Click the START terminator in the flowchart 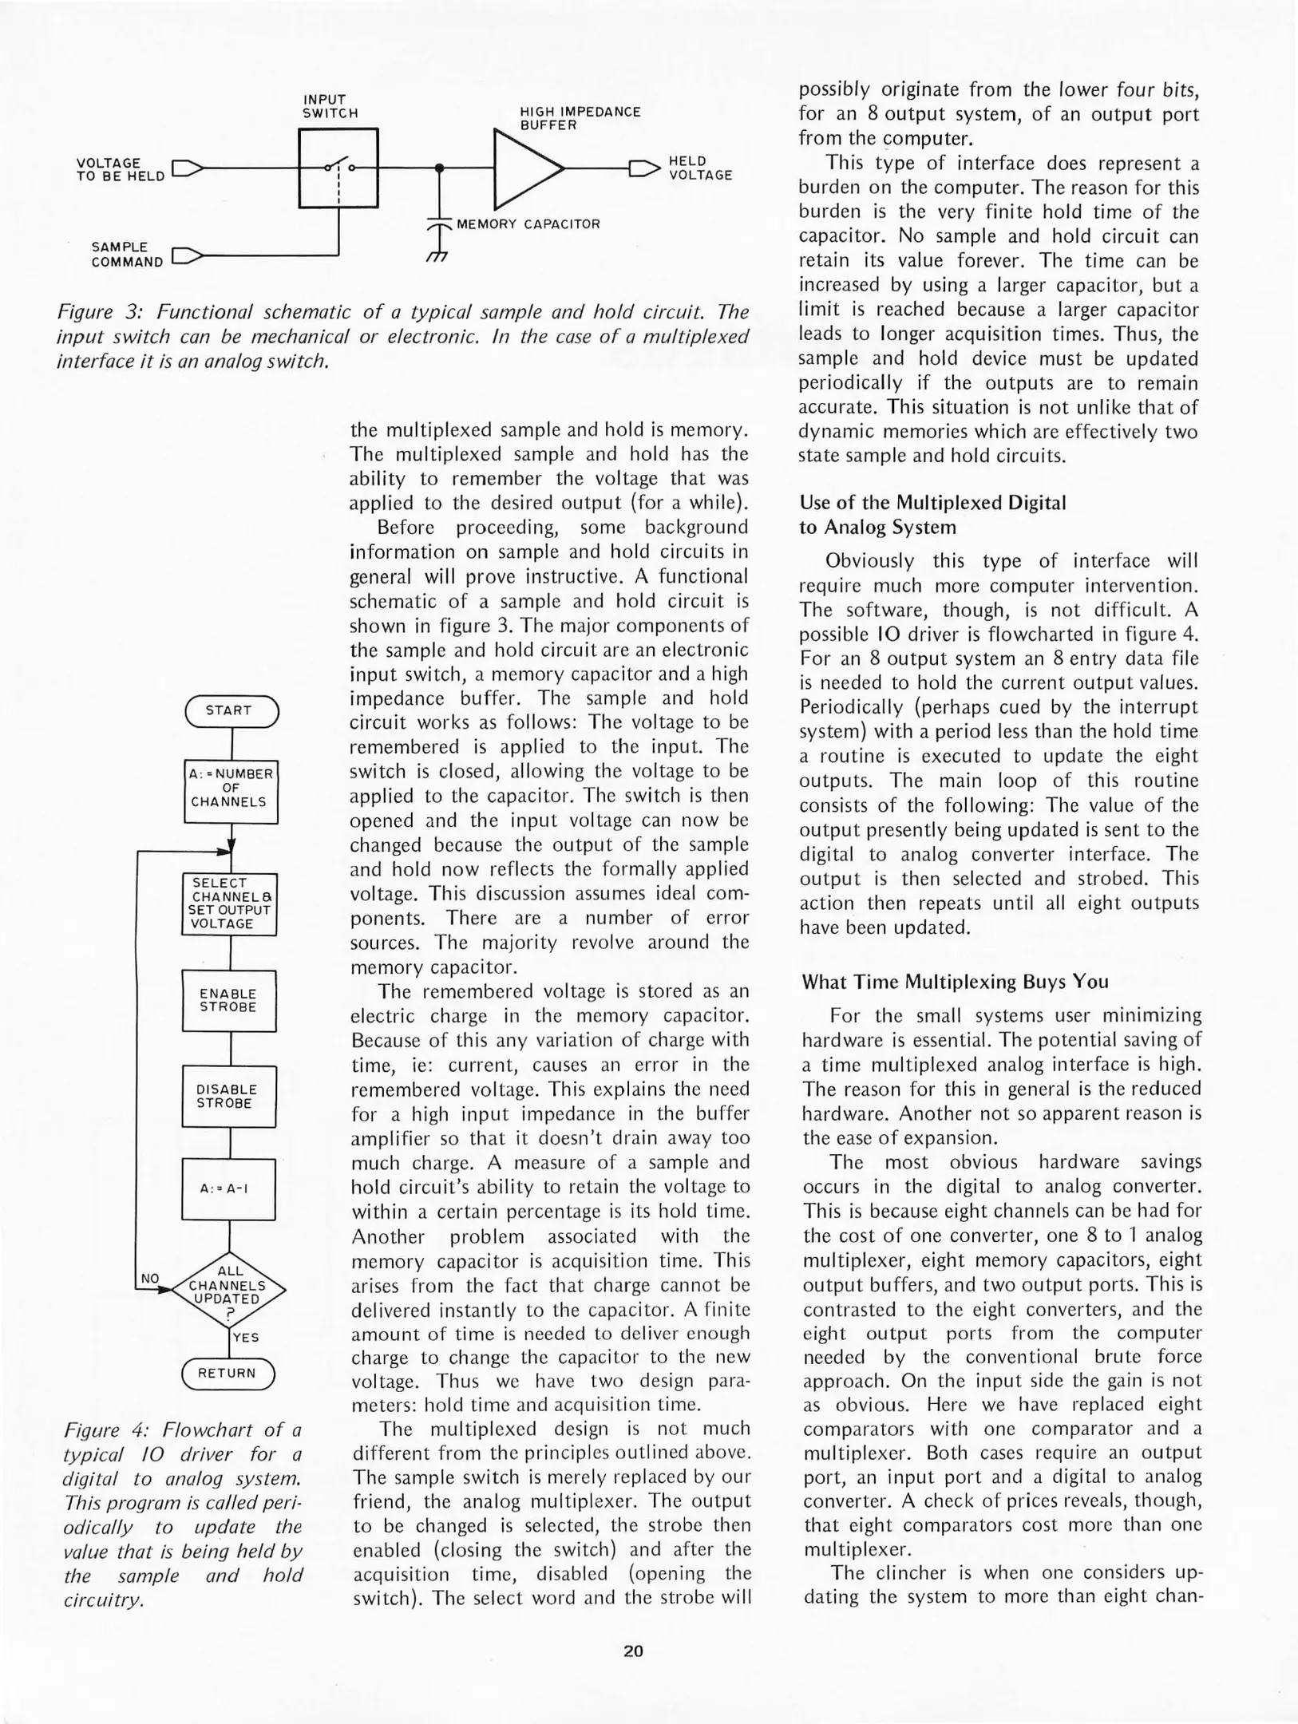click(x=231, y=710)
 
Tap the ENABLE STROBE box click(x=229, y=1001)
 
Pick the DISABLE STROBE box click(x=229, y=1096)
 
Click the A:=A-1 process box click(x=229, y=1188)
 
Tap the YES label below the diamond click(x=246, y=1337)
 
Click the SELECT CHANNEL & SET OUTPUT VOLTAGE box click(x=230, y=904)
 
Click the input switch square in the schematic click(x=338, y=168)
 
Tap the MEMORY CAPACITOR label click(x=528, y=224)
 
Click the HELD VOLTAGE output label click(x=700, y=168)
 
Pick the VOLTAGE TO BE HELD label click(x=120, y=169)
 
